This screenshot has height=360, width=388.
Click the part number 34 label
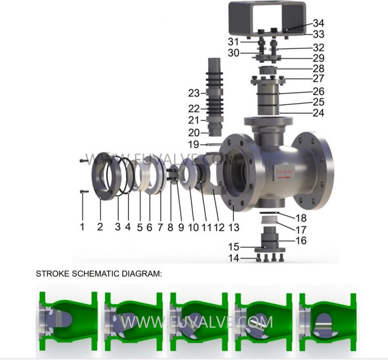click(x=318, y=23)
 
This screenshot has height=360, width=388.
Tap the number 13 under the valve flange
click(x=233, y=228)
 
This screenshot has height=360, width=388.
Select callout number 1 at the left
click(x=82, y=227)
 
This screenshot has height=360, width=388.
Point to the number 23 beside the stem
click(x=194, y=94)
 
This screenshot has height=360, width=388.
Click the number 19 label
click(x=194, y=145)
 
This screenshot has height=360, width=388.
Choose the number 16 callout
click(x=301, y=241)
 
